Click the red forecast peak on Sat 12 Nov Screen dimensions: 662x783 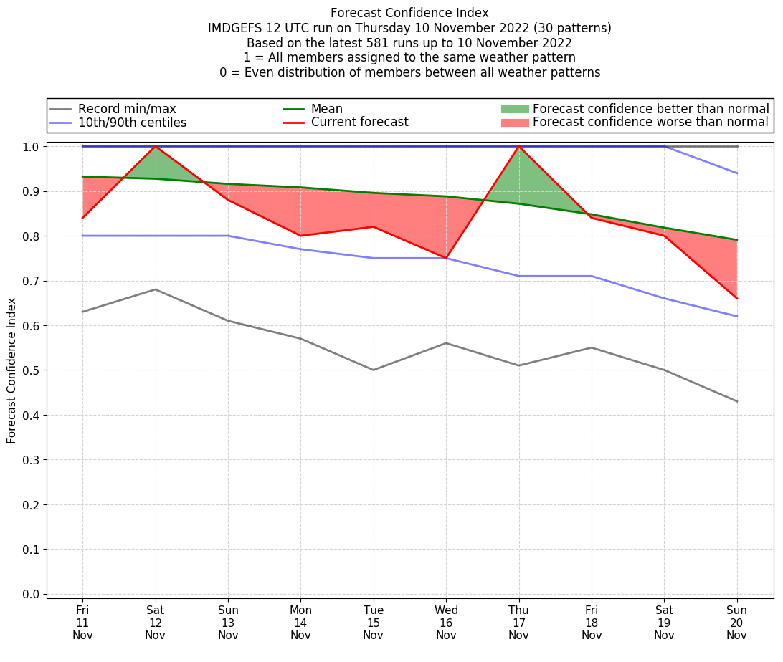coord(155,146)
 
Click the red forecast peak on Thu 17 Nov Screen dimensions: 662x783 coord(518,146)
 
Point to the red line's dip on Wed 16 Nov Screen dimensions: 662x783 coord(446,258)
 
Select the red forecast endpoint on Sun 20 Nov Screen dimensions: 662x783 coord(736,298)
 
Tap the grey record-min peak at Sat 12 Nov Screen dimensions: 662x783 coord(155,289)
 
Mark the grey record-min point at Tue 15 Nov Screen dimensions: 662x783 coord(373,370)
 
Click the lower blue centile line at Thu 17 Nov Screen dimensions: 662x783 coord(518,276)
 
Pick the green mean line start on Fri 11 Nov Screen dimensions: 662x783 coord(82,176)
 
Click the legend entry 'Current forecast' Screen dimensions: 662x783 coord(359,123)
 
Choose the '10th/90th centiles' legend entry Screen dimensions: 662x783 coord(132,123)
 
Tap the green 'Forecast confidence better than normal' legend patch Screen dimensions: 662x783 coord(514,109)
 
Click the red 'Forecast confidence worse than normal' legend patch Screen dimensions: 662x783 coord(514,123)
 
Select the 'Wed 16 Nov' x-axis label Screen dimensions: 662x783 coord(446,622)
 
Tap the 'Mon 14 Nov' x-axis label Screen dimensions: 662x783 coord(300,622)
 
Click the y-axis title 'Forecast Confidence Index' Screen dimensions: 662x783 coord(11,370)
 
